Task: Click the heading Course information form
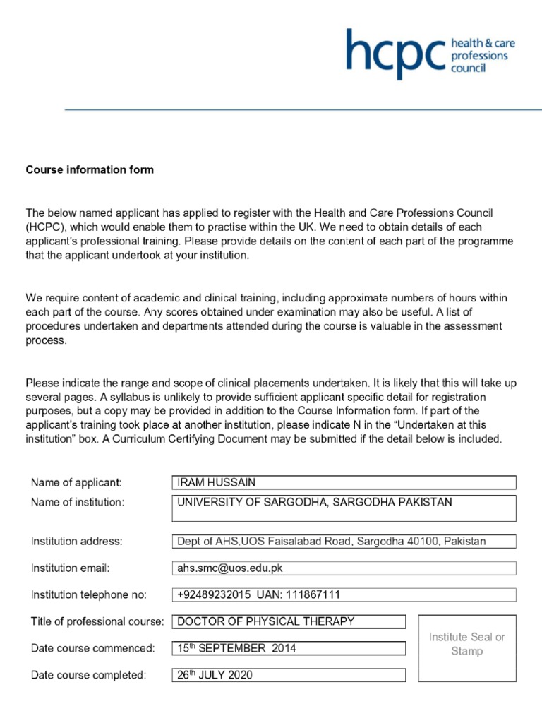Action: (x=90, y=170)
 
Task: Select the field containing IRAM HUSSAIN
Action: (x=344, y=483)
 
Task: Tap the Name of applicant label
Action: (x=76, y=483)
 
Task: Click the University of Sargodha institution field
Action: (x=344, y=508)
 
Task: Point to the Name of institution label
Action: (x=78, y=503)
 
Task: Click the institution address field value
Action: (x=344, y=542)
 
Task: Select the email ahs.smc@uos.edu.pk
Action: (x=344, y=568)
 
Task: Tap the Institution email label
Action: (x=71, y=568)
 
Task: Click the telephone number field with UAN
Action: (x=344, y=595)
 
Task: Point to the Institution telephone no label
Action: (x=89, y=595)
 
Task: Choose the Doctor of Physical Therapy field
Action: (x=289, y=622)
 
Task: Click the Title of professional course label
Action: (x=97, y=622)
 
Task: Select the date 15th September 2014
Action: (x=289, y=648)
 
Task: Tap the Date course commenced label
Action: (x=92, y=648)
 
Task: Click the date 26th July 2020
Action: (x=289, y=675)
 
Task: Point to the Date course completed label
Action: (x=89, y=675)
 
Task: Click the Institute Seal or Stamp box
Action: (x=466, y=647)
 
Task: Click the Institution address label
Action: (x=77, y=542)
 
